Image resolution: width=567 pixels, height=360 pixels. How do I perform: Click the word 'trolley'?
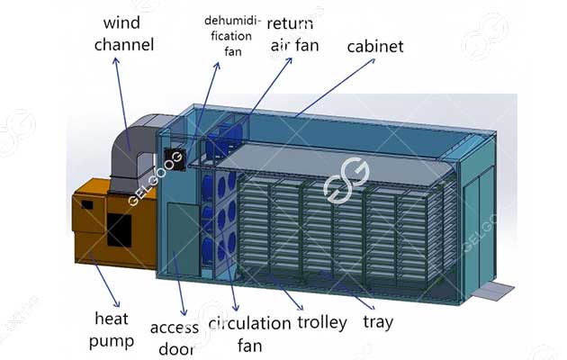(320, 322)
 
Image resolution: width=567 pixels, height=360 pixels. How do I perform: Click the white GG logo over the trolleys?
(346, 180)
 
